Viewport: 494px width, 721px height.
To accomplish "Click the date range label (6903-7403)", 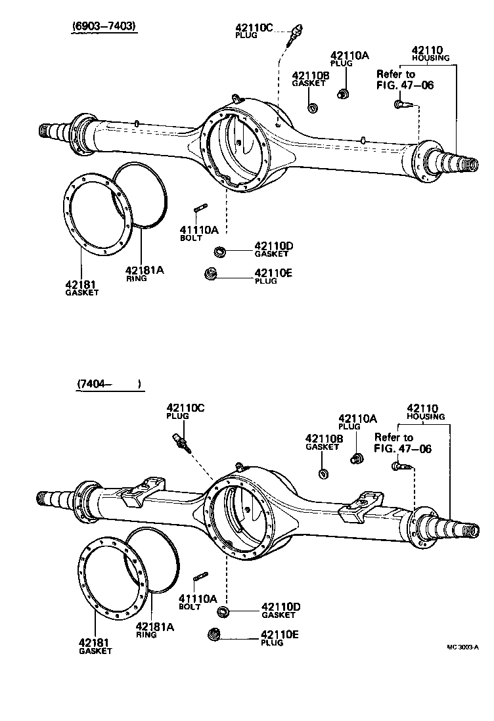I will point(105,27).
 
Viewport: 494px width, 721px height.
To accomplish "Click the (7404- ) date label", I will point(109,383).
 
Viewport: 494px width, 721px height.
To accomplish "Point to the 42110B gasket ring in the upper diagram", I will point(313,107).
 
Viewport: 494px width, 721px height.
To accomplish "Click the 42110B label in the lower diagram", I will point(324,439).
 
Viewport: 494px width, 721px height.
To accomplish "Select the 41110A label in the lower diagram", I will point(198,598).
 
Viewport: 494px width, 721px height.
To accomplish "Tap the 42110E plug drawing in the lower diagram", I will point(213,635).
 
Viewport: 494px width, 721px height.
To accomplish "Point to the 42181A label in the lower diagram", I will point(155,626).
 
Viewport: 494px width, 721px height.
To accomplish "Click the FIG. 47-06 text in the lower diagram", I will point(403,448).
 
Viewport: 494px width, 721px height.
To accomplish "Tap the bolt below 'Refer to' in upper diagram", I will point(401,103).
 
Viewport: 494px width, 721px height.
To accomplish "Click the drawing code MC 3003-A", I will point(463,646).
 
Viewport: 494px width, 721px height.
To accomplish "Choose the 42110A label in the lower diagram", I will point(358,418).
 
